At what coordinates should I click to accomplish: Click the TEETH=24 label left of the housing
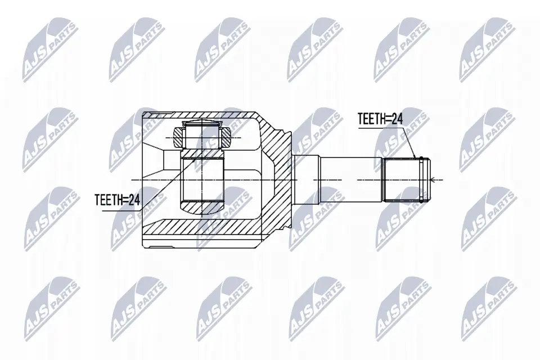click(116, 199)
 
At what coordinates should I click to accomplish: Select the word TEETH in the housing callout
click(107, 199)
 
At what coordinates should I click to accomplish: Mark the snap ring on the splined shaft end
click(421, 179)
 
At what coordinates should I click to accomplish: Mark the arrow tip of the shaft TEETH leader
click(416, 158)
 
